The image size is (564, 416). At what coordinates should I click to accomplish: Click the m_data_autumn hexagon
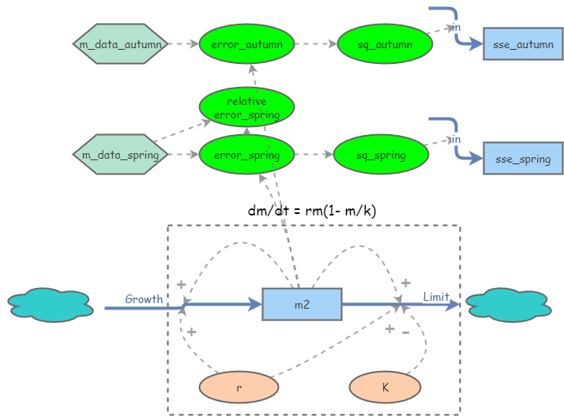[120, 44]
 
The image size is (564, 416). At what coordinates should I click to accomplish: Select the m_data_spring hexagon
[120, 155]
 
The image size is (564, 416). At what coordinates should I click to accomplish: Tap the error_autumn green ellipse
[246, 44]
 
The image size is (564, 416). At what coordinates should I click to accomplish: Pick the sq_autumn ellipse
[385, 44]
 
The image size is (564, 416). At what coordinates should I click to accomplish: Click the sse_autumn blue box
[523, 44]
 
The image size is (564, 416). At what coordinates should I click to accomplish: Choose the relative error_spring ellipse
[246, 108]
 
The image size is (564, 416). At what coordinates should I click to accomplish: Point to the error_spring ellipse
[246, 155]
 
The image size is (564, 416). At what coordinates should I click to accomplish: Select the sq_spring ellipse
[381, 155]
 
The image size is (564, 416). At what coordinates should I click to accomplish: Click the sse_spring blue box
[523, 159]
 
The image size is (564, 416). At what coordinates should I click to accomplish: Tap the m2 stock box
[302, 305]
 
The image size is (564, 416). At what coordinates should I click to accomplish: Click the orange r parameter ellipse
[239, 388]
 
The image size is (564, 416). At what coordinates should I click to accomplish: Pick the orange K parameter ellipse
[385, 388]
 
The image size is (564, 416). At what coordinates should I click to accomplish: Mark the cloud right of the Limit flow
[507, 305]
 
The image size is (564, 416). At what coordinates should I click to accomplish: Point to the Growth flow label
[144, 299]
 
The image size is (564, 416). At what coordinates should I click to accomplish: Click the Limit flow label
[436, 297]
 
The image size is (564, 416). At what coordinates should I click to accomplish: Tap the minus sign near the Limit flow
[405, 332]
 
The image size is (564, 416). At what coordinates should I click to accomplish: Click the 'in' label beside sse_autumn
[457, 28]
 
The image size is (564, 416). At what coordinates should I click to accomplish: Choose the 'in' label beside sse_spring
[457, 140]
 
